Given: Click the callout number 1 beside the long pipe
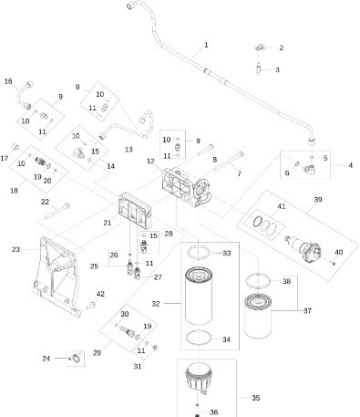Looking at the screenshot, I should tap(206, 45).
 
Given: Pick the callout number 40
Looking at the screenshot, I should tap(340, 252).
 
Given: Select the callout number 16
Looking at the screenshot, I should tap(9, 81).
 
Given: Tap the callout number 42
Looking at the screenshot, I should tap(101, 294).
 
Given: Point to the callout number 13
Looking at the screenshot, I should tap(129, 149).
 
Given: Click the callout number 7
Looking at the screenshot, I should tap(239, 172).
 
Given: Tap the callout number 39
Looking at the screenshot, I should tap(319, 199).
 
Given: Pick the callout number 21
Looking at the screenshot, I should tap(107, 223).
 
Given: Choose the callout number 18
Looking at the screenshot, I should tap(14, 190).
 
